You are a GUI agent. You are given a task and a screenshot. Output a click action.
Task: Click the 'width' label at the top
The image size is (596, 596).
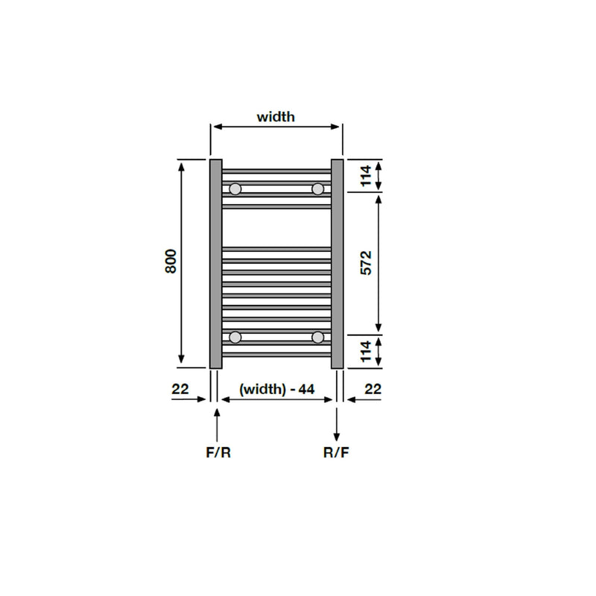pyautogui.click(x=276, y=116)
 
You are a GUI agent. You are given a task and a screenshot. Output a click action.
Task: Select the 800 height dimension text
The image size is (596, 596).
pyautogui.click(x=171, y=262)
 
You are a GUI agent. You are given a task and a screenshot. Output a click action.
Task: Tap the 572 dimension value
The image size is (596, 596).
pyautogui.click(x=365, y=263)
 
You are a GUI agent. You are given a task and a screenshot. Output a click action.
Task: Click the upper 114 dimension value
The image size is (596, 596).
pyautogui.click(x=365, y=176)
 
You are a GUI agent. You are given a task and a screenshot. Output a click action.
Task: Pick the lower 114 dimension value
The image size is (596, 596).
pyautogui.click(x=365, y=351)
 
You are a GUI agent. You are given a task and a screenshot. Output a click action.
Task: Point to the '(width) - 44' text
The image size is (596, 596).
pyautogui.click(x=276, y=388)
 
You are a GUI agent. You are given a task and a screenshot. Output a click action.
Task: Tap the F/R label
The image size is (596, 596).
pyautogui.click(x=218, y=452)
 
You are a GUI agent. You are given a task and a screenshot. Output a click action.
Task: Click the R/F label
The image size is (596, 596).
pyautogui.click(x=336, y=452)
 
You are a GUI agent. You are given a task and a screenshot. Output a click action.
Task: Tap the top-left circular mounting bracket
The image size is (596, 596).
pyautogui.click(x=235, y=189)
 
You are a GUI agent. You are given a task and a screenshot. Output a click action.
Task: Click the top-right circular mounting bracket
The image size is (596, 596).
pyautogui.click(x=318, y=189)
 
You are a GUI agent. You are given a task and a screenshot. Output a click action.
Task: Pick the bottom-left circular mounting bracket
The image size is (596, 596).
pyautogui.click(x=235, y=337)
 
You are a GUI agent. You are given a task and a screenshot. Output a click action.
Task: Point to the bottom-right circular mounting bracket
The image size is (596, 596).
pyautogui.click(x=318, y=337)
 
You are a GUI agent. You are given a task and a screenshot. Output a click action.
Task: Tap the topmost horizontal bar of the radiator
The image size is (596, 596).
pyautogui.click(x=276, y=171)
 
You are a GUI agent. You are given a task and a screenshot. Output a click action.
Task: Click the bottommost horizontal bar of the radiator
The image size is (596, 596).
pyautogui.click(x=276, y=355)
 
